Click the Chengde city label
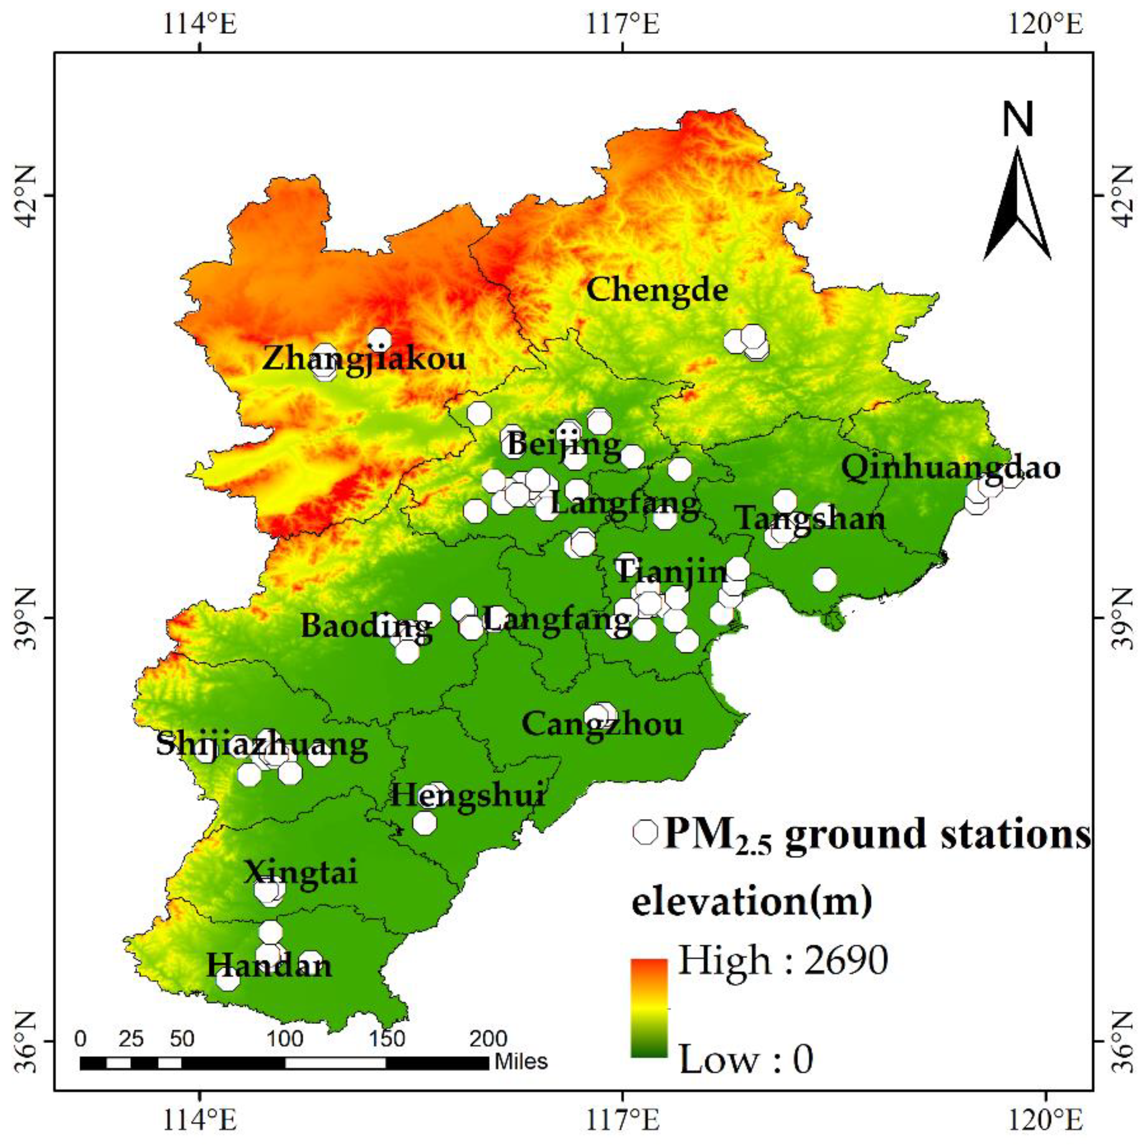pyautogui.click(x=657, y=290)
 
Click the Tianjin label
pyautogui.click(x=672, y=573)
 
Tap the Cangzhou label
pyautogui.click(x=602, y=724)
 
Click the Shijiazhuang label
pyautogui.click(x=262, y=746)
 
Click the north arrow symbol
pyautogui.click(x=1017, y=202)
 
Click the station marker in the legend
pyautogui.click(x=645, y=832)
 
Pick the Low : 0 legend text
pyautogui.click(x=745, y=1059)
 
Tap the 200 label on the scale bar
pyautogui.click(x=489, y=1039)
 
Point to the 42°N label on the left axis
pyautogui.click(x=26, y=196)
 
